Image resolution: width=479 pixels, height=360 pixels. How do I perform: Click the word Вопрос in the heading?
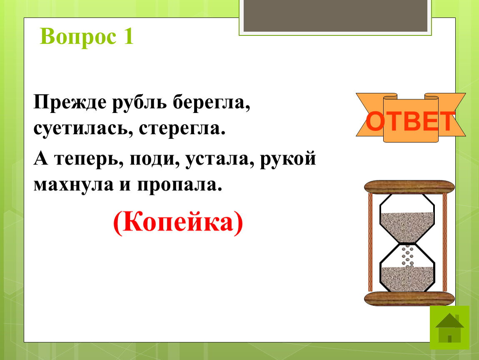pos(78,37)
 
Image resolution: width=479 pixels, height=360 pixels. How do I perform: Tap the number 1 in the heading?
pos(128,36)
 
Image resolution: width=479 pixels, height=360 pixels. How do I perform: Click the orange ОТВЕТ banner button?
pos(411,117)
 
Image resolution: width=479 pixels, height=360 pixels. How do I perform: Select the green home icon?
pos(449,327)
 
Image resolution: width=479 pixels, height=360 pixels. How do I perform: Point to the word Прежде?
pos(70,102)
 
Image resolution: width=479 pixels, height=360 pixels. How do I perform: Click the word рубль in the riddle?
pos(139,102)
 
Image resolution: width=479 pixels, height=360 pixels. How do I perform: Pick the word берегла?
pos(212,102)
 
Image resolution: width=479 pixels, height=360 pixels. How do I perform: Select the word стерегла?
pos(182,128)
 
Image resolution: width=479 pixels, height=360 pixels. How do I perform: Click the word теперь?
pos(89,159)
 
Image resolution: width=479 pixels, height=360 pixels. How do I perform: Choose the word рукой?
pos(288,159)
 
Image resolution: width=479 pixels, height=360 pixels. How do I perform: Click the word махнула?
pos(73,185)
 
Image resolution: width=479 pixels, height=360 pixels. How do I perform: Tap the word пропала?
pos(180,185)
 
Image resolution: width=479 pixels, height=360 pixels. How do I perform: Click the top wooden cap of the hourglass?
pos(409,187)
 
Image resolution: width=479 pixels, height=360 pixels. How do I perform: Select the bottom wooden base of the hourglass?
pos(409,298)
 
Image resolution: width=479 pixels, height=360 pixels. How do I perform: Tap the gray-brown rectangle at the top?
pos(335,15)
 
